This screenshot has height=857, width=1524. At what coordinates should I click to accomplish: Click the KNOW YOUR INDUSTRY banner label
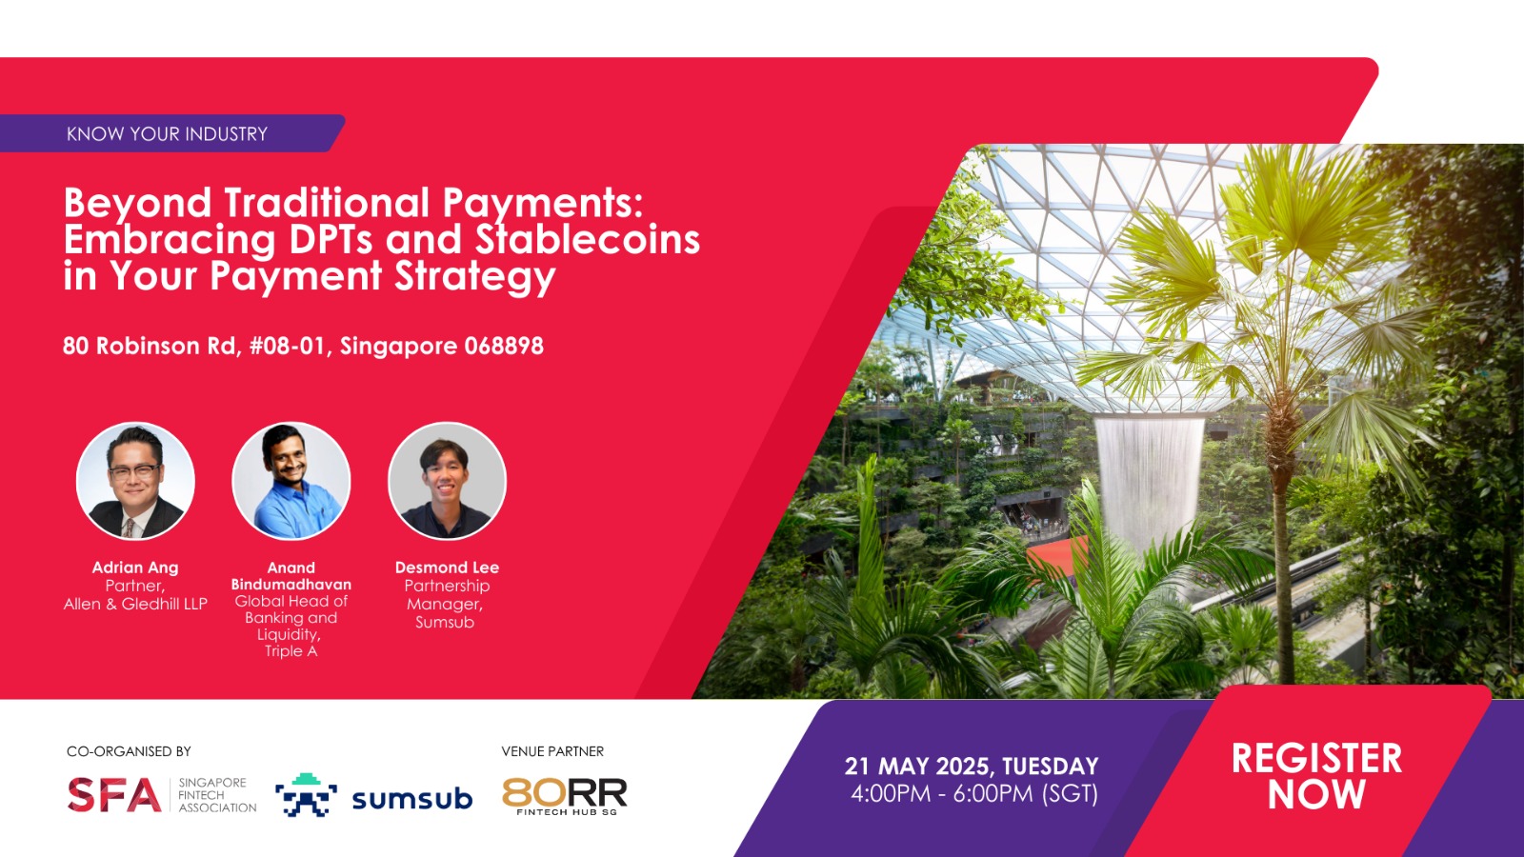coord(167,134)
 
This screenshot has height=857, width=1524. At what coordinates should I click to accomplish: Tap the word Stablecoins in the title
coord(587,239)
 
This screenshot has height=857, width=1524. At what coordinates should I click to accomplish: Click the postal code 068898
coord(504,347)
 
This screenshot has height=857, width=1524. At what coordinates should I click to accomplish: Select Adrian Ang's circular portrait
coord(135,481)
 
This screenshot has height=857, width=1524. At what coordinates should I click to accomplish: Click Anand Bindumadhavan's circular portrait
coord(291,481)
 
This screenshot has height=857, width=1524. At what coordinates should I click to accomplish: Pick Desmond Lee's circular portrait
coord(447,481)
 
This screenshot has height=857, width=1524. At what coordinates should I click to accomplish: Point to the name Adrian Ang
coord(135,568)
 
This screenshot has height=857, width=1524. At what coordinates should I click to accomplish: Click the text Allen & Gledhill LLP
coord(135,604)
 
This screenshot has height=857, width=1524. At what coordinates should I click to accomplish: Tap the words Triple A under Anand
coord(291,651)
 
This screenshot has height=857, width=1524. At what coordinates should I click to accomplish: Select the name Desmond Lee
coord(447,568)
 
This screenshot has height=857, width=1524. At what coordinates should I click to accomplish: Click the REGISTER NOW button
coord(1316,776)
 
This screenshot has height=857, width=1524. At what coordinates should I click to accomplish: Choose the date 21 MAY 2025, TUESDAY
coord(972,767)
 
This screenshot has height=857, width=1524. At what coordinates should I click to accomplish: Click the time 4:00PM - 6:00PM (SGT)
coord(974,794)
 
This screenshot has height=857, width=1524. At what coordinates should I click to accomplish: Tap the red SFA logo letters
coord(114,794)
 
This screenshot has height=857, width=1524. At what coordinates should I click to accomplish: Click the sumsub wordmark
coord(412,799)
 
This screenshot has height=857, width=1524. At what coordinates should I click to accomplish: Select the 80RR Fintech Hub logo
coord(565,796)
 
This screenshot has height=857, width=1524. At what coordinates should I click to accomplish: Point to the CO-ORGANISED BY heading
coord(129,751)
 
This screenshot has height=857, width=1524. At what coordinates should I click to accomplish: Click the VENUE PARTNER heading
coord(552,751)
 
